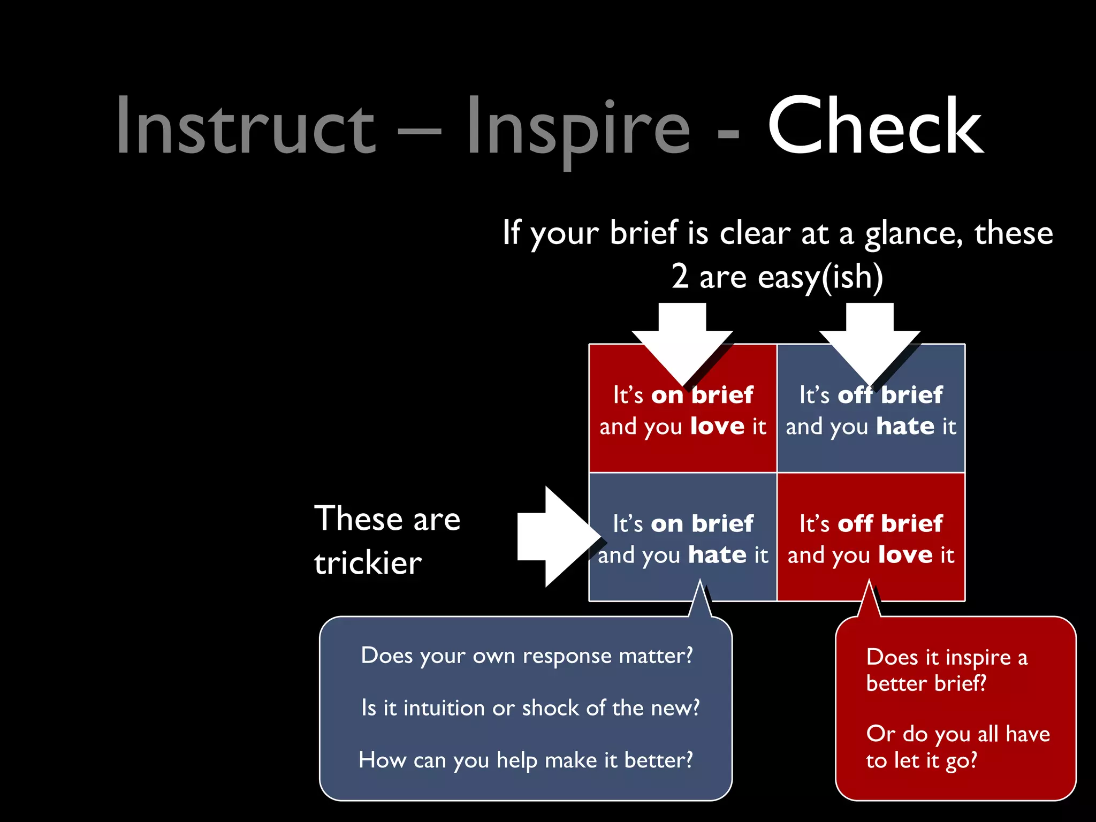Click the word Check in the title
point(875,127)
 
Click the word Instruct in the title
point(246,127)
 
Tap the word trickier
point(368,564)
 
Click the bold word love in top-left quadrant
point(717,427)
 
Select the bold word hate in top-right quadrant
point(905,427)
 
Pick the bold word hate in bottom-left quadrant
point(717,555)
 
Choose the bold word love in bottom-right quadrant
point(905,555)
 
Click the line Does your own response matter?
point(527,656)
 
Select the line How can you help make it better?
point(526,760)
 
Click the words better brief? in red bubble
point(926,683)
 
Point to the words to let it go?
point(922,760)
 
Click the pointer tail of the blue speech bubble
point(701,602)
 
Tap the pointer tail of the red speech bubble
point(870,602)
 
